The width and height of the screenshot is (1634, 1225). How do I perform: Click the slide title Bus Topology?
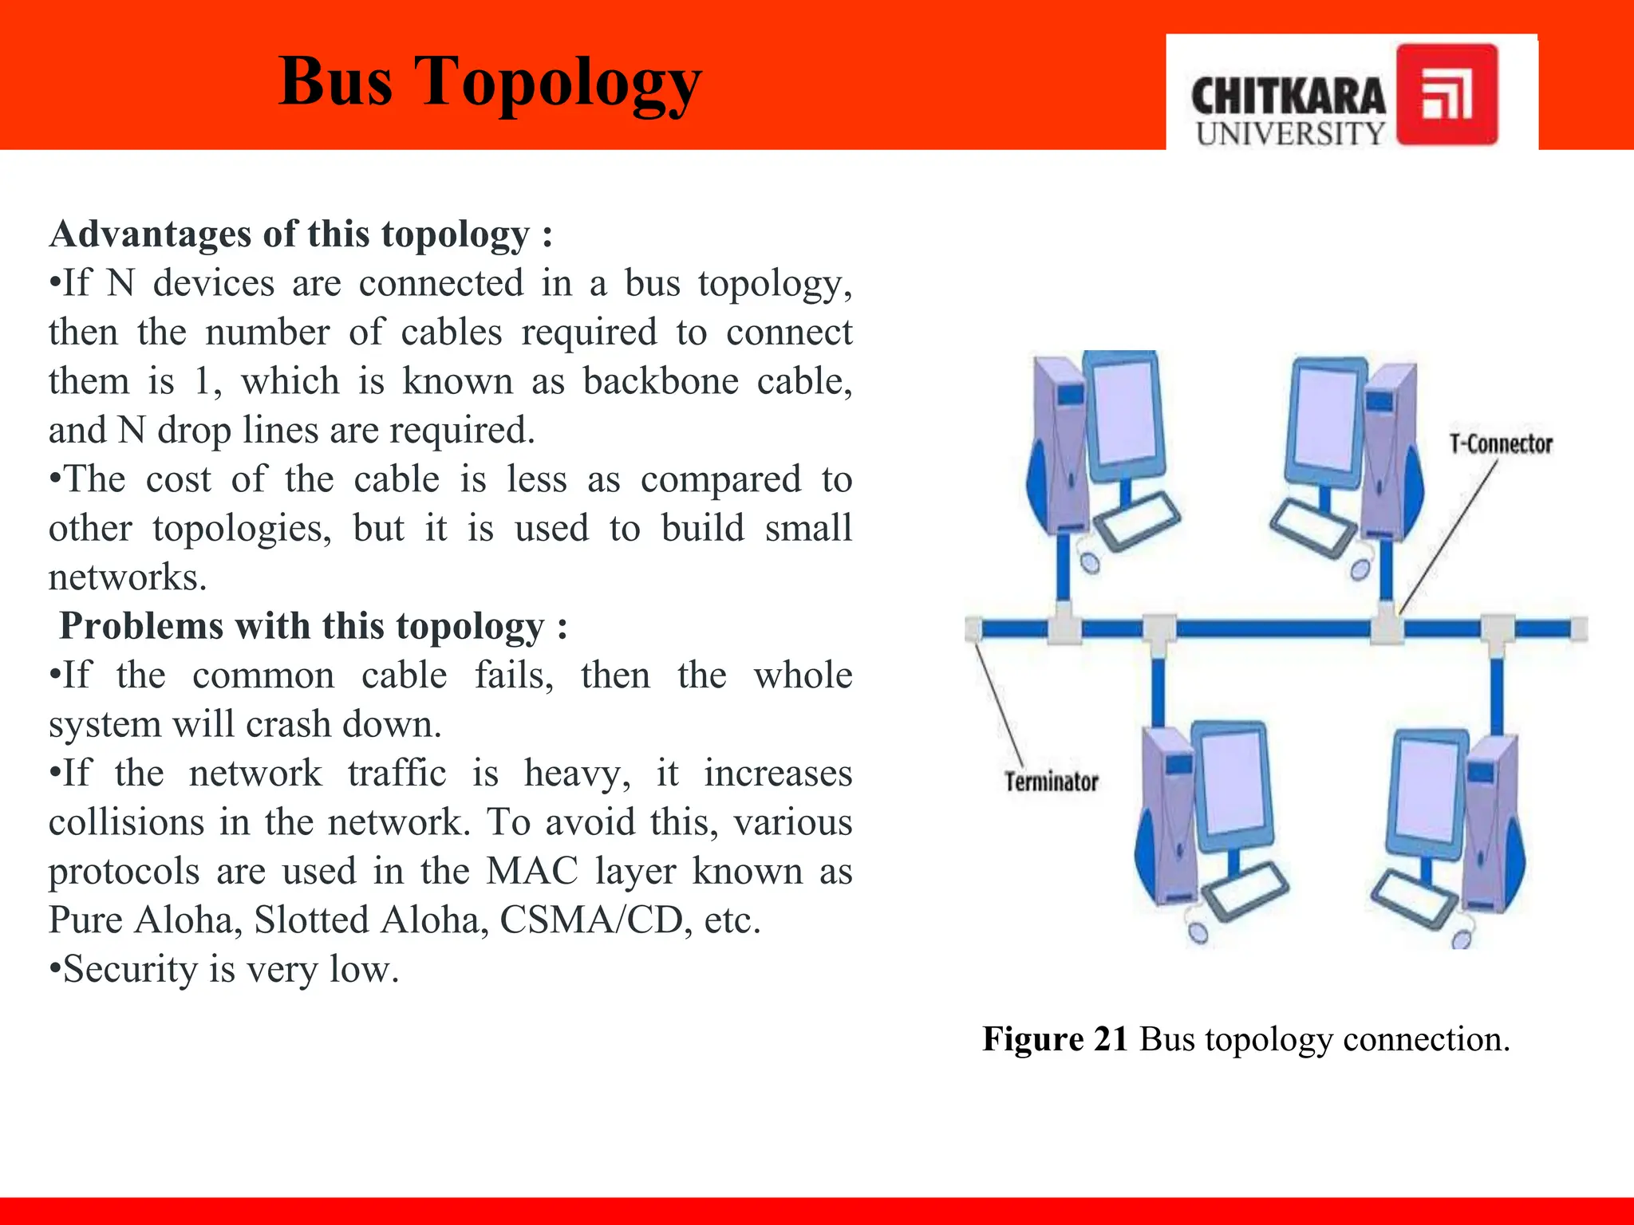[490, 82]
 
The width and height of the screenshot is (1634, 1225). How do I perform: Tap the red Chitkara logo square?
[1447, 94]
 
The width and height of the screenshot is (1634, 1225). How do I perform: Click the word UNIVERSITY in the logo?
[1290, 133]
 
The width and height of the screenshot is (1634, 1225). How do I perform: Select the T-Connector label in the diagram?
[1501, 444]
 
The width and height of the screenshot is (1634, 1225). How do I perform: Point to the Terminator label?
[1051, 782]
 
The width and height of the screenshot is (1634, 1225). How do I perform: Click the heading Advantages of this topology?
[301, 234]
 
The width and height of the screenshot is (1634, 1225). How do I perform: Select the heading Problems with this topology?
[314, 626]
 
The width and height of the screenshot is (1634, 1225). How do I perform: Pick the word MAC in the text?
[531, 871]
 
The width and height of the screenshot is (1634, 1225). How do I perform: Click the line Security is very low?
[224, 970]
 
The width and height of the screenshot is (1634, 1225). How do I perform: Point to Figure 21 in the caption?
[1054, 1039]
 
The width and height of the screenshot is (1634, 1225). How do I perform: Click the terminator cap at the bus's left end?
[973, 629]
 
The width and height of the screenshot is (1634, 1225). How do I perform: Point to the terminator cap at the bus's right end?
[1580, 629]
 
